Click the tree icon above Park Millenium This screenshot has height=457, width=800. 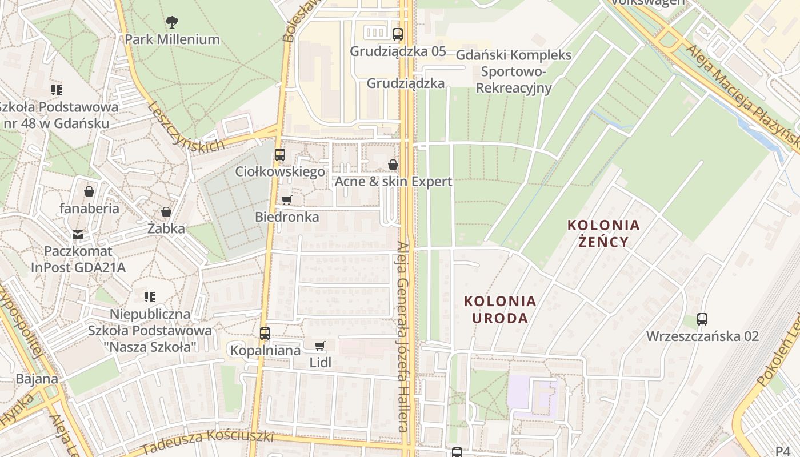coord(171,22)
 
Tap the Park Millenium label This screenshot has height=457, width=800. coord(172,39)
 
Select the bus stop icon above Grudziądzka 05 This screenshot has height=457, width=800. coord(398,34)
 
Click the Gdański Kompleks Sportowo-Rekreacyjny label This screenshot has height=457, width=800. coord(514,71)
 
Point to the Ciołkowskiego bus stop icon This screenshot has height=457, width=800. coord(279,154)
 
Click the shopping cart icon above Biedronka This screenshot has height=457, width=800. coord(287,200)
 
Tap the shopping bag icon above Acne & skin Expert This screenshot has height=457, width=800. coord(393,165)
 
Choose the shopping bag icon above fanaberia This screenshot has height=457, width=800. coord(89,191)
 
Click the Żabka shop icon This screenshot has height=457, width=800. coord(166,212)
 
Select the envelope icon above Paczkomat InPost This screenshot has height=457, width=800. coord(78,234)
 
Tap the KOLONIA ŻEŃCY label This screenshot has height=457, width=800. coord(603,233)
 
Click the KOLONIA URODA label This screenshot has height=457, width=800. coord(500,309)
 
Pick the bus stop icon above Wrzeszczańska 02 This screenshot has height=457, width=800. coord(702,319)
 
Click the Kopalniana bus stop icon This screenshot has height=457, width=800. coord(265,333)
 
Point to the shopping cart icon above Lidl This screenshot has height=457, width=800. coord(320,346)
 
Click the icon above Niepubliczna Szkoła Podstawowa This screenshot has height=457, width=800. coord(150,296)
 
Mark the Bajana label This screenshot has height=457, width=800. coord(37,379)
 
